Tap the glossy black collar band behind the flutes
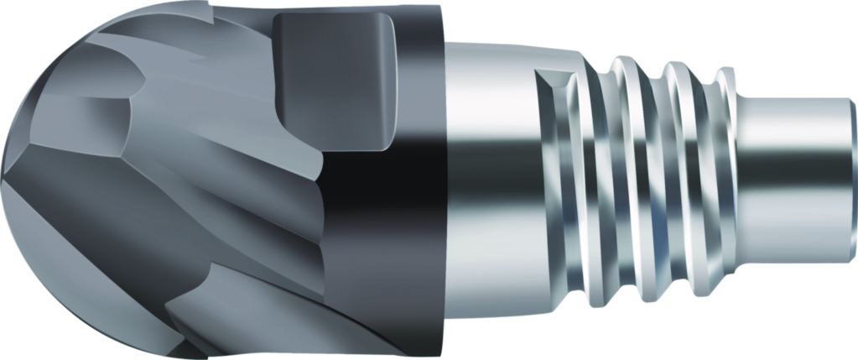click(x=403, y=210)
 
